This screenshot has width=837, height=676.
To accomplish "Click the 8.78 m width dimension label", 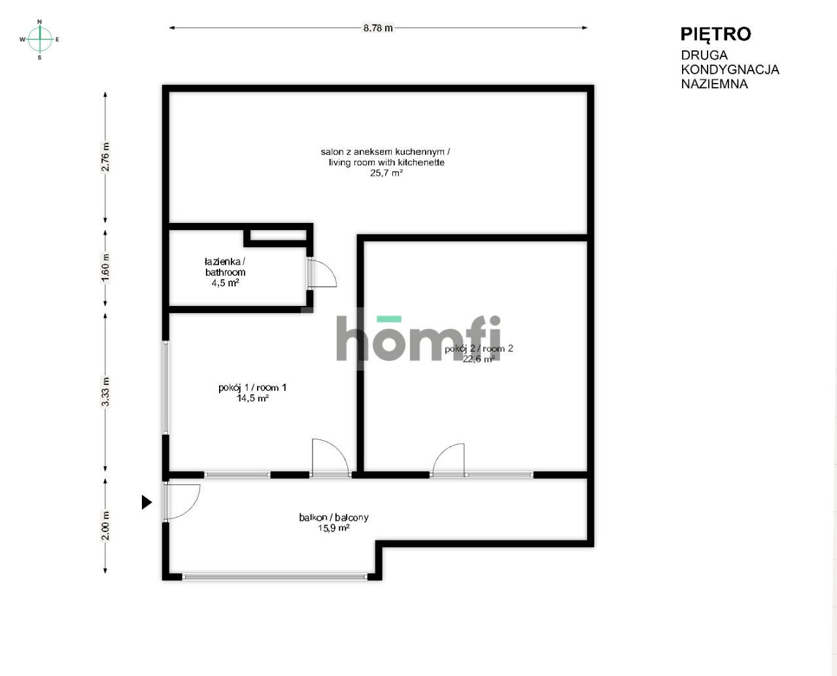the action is (378, 28).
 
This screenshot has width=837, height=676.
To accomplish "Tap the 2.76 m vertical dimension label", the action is (105, 157).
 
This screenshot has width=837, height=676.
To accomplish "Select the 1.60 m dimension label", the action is (105, 267).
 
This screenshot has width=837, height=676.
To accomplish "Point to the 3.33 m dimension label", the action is (105, 392).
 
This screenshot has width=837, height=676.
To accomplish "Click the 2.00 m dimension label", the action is (105, 526).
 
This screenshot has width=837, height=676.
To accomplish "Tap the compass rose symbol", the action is (40, 39).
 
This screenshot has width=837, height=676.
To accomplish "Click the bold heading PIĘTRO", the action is (715, 34).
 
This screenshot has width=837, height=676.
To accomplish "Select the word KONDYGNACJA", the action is (730, 69).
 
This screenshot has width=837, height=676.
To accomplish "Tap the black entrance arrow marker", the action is (146, 502).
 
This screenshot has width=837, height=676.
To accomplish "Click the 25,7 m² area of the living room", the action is (386, 173).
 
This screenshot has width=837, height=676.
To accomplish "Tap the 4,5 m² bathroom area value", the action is (225, 283).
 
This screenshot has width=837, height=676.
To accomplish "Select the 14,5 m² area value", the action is (252, 398).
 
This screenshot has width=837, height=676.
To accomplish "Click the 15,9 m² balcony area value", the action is (333, 528).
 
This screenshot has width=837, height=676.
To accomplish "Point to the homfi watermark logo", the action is (418, 338).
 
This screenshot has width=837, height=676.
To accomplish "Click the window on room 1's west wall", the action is (166, 388).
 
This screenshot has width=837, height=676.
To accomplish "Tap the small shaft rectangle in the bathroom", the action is (278, 235).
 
